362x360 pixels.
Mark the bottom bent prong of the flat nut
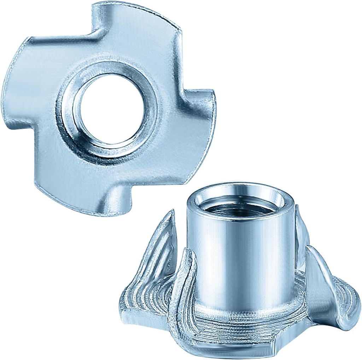coord(117,202)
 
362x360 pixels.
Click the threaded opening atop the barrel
coord(240,205)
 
